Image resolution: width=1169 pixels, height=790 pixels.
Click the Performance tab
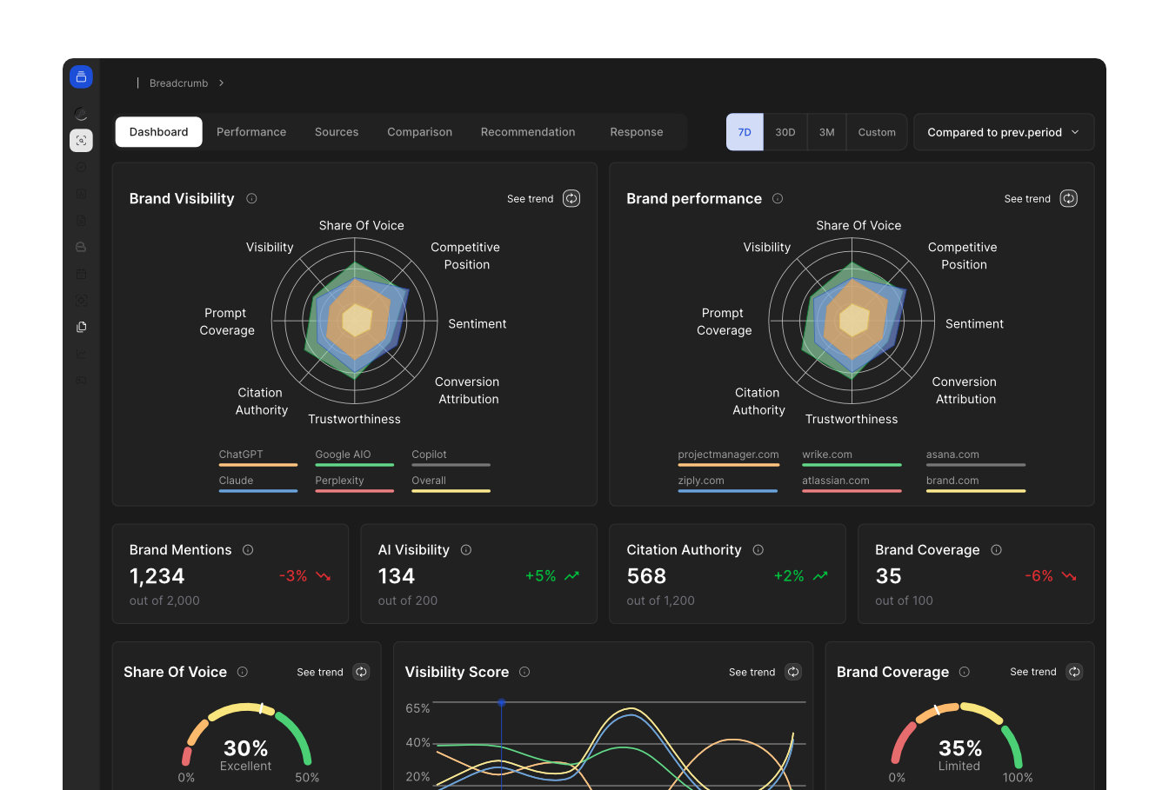(x=251, y=132)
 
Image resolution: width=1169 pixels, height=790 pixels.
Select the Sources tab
(x=337, y=132)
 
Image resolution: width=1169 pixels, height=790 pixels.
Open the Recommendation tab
(x=527, y=132)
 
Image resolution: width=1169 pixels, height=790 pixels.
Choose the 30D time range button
(x=785, y=132)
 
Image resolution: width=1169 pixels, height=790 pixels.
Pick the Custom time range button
(x=876, y=132)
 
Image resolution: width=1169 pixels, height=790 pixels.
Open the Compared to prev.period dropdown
(x=1003, y=132)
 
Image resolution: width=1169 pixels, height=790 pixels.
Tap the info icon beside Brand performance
(x=778, y=199)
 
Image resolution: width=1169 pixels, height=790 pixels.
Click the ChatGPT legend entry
(x=241, y=455)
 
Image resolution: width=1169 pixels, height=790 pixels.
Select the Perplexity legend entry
(x=339, y=481)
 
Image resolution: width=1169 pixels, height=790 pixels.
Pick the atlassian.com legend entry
(x=835, y=481)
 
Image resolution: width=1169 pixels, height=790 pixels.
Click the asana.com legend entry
(x=952, y=455)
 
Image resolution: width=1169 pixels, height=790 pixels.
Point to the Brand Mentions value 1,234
(x=157, y=576)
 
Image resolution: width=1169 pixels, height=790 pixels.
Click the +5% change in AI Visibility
(x=540, y=576)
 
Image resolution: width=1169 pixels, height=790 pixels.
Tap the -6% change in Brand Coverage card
(x=1039, y=576)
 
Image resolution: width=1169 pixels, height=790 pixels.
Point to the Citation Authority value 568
(x=646, y=576)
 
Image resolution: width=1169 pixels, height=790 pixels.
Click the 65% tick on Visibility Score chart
(x=417, y=708)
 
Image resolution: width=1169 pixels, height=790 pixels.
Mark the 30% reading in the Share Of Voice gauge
(x=245, y=748)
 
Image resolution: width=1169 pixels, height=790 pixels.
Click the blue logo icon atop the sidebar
(x=81, y=76)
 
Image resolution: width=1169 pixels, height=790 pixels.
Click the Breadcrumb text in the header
(x=178, y=83)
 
